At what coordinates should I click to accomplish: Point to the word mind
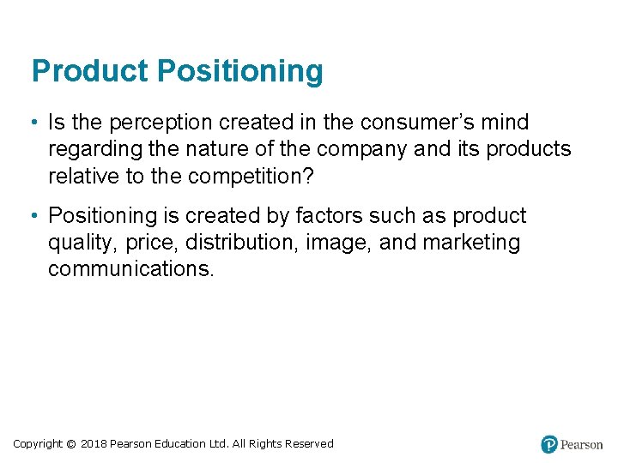[506, 123]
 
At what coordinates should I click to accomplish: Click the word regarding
[95, 150]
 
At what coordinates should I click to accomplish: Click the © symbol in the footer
[71, 443]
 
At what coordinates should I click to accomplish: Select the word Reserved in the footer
[309, 443]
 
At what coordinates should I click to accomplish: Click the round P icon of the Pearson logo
[549, 444]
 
